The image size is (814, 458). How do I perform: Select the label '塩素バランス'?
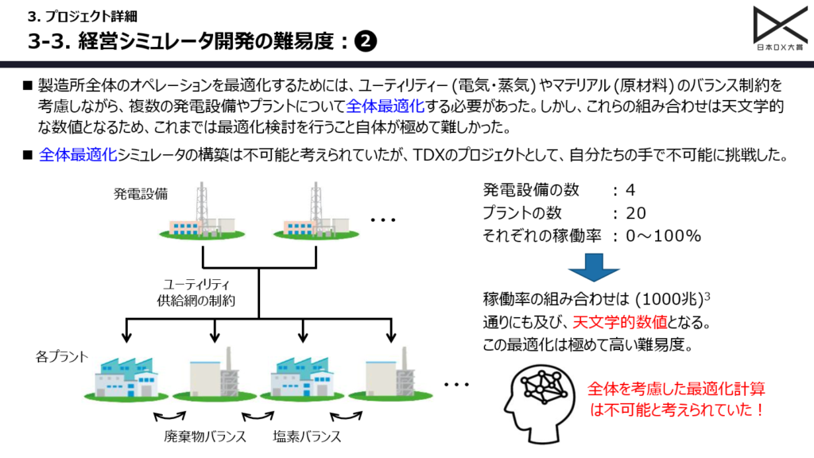(307, 436)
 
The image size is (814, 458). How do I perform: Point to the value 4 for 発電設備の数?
(630, 191)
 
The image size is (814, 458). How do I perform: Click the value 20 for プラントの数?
(636, 213)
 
